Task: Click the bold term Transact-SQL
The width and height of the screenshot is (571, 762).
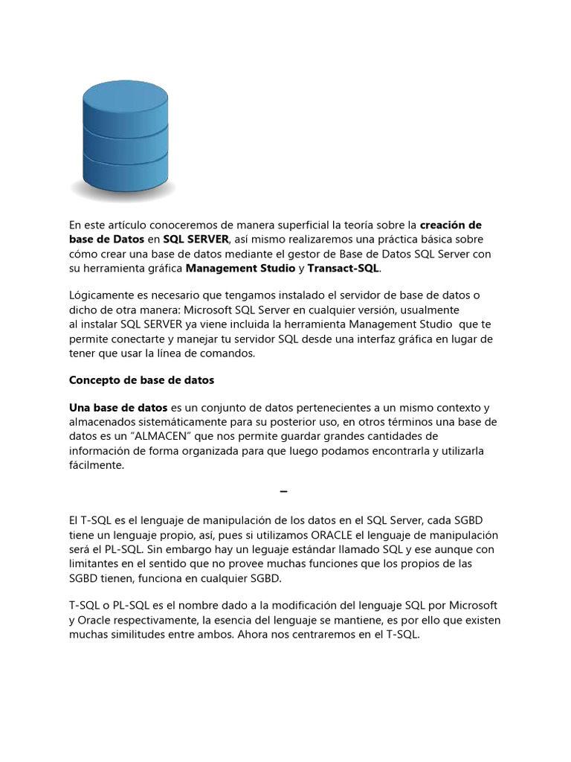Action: coord(343,268)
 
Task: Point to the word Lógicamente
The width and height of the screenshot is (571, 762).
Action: coord(101,295)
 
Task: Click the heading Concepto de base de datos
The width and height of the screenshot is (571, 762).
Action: coord(141,380)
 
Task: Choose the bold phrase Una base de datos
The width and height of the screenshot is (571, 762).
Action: coord(118,408)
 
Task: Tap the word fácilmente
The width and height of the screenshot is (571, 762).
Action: coord(97,464)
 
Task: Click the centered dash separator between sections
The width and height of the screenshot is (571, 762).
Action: coord(283,493)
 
